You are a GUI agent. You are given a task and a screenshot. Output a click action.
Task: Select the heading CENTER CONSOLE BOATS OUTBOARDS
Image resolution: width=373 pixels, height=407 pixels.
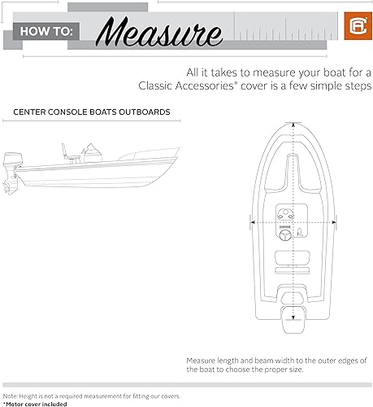click(91, 112)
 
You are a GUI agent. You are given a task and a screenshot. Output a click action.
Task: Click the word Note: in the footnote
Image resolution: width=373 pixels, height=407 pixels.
click(11, 395)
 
